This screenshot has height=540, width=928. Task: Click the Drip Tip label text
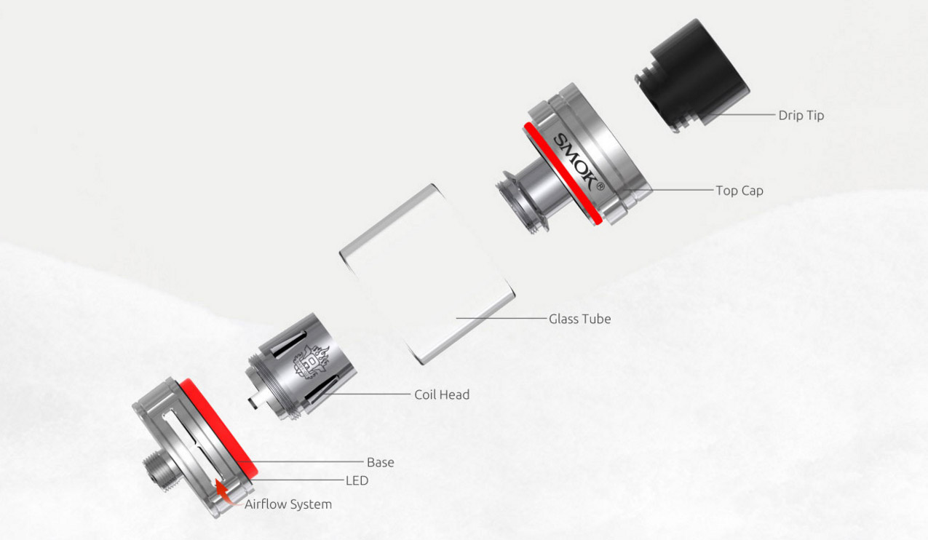coord(801,116)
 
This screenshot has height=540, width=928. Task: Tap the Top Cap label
coord(739,191)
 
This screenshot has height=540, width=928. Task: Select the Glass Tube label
coord(579,319)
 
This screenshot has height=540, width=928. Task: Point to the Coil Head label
coord(442,394)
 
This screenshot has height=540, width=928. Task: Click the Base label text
coord(381,462)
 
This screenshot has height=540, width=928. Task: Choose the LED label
coord(357,481)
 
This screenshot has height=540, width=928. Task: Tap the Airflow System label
coord(288,504)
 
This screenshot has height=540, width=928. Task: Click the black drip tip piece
coord(692,74)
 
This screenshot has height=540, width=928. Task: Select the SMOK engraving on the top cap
coord(575,162)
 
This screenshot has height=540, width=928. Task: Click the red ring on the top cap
coord(562,174)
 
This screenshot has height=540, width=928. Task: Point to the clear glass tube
coord(427,274)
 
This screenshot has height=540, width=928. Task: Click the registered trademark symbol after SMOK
coord(600,187)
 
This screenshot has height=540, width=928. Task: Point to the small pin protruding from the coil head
coord(255,401)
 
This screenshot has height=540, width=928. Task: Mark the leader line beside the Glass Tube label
coord(501,319)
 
